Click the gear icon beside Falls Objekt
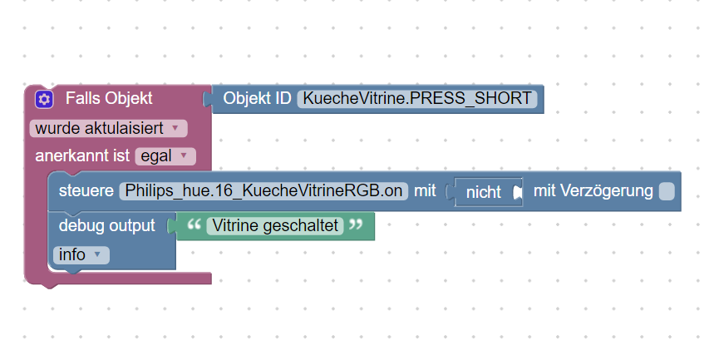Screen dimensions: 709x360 click(44, 99)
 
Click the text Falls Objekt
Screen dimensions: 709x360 click(109, 98)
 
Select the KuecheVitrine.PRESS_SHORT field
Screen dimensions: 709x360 click(417, 99)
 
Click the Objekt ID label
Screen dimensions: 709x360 click(257, 98)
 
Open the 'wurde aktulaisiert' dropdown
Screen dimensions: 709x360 click(108, 128)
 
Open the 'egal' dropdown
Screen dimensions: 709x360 click(165, 156)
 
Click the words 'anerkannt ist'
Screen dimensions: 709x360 click(82, 155)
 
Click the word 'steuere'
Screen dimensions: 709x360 click(86, 190)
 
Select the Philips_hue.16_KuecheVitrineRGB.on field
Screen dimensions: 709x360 click(263, 191)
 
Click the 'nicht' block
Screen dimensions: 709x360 click(484, 192)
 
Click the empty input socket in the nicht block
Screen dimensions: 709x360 click(517, 192)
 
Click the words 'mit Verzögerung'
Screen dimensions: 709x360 click(593, 191)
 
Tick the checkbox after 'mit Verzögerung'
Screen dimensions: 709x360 click(667, 191)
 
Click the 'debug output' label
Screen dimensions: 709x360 click(106, 225)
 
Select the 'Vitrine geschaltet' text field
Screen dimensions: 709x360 click(275, 225)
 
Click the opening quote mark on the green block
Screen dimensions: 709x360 click(194, 224)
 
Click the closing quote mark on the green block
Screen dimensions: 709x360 click(356, 224)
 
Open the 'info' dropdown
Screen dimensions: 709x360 click(81, 255)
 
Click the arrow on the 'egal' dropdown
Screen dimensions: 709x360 click(184, 155)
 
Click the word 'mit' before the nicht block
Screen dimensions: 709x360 click(425, 190)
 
